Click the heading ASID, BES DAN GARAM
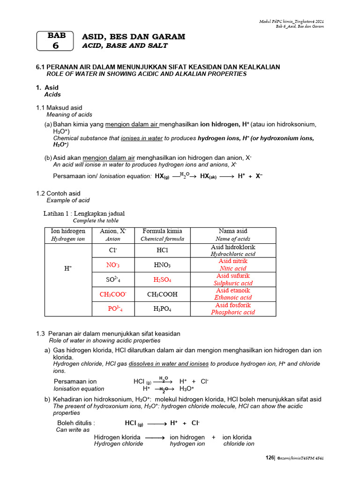pos(134,37)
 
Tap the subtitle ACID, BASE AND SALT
pos(125,45)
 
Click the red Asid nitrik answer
pos(233,261)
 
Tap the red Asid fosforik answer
pos(233,305)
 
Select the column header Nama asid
pos(233,231)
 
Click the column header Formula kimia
pos(162,231)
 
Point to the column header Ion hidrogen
pos(68,231)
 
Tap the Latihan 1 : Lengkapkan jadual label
pos(84,214)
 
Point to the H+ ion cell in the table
pos(68,268)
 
